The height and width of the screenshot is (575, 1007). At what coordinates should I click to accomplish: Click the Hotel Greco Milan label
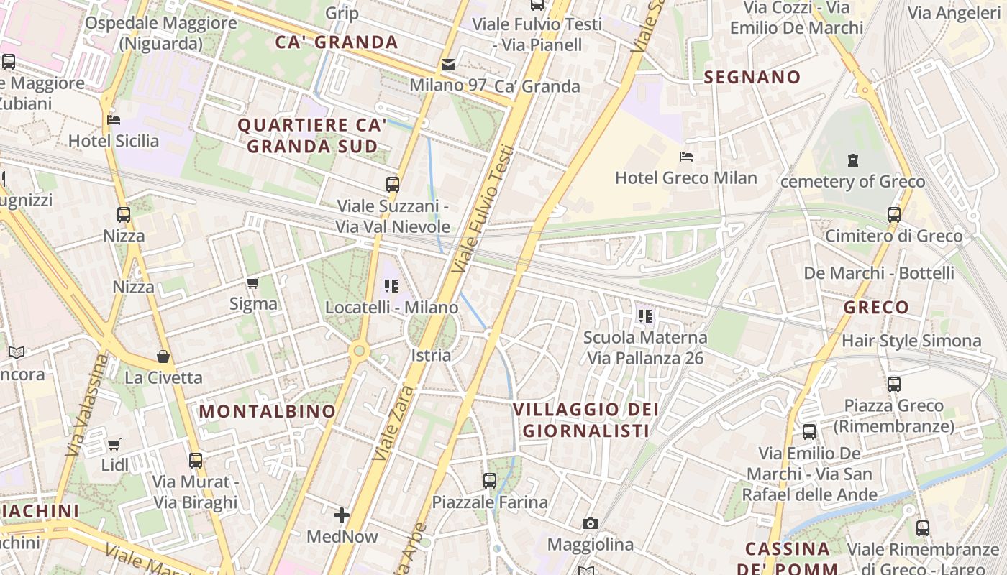(685, 178)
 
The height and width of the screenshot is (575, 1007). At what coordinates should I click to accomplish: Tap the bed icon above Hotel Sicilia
(114, 120)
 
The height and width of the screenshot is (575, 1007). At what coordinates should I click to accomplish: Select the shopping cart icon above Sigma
(252, 283)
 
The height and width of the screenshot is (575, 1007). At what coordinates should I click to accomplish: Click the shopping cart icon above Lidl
(114, 444)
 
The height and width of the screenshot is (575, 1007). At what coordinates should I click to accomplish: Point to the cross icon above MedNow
(342, 515)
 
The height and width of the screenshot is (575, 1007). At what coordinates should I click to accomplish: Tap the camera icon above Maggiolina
(591, 523)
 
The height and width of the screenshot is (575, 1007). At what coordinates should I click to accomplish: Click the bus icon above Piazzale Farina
(490, 480)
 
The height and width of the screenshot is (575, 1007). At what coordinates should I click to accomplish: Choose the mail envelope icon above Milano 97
(448, 65)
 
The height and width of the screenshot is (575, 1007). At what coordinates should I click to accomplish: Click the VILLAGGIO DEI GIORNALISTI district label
(585, 420)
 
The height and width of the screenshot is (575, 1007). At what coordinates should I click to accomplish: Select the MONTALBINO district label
(268, 412)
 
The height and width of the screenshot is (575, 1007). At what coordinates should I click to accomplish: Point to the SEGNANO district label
(752, 78)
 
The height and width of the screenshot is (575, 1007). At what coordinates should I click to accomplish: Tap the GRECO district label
(876, 308)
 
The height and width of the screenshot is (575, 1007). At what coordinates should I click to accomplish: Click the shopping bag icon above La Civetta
(163, 356)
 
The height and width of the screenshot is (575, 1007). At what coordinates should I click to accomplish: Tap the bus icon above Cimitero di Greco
(893, 214)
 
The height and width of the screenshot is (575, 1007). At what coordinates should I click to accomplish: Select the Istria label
(432, 355)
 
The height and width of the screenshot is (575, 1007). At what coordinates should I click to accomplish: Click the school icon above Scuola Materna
(644, 316)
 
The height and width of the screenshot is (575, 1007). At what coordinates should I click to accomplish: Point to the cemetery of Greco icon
(853, 160)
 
